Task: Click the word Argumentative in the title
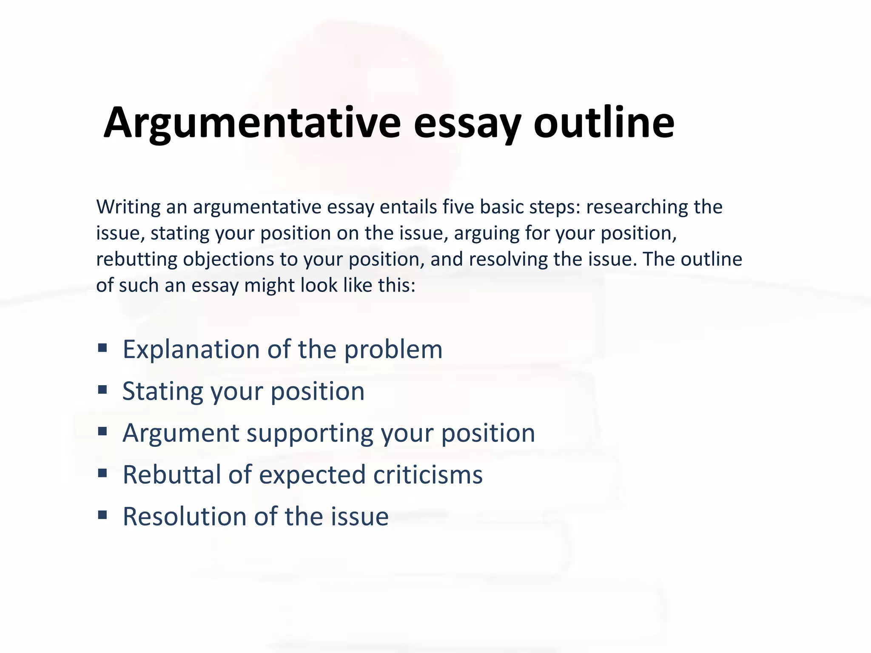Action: pos(252,123)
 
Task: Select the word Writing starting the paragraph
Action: pos(128,207)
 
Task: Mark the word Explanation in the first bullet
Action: pos(191,349)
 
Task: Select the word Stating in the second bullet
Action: pos(162,392)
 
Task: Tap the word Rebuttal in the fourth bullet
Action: pos(171,474)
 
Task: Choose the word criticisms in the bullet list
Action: pos(428,474)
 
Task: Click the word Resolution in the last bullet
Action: pos(185,517)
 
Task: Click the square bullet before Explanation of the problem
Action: pos(102,348)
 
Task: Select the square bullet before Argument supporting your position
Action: pos(102,432)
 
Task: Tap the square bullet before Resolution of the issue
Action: pos(102,515)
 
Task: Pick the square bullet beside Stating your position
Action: pos(102,390)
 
